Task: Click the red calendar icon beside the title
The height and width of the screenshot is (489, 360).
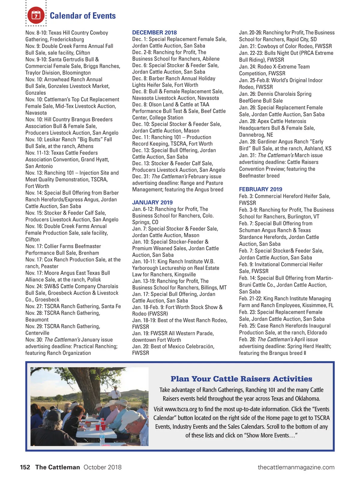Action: click(36, 15)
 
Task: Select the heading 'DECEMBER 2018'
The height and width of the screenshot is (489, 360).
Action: click(154, 32)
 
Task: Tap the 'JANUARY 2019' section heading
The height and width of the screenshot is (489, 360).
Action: click(152, 202)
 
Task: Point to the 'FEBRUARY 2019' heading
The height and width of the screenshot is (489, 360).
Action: click(260, 189)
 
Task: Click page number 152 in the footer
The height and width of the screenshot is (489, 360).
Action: click(25, 467)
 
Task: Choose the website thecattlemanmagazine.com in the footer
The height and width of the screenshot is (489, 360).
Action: click(296, 467)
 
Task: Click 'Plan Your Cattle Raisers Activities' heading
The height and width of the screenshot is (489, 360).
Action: click(241, 379)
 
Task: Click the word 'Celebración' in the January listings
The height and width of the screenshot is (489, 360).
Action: click(200, 346)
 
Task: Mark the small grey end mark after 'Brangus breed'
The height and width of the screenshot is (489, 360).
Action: click(305, 353)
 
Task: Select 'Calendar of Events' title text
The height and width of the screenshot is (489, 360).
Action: click(82, 16)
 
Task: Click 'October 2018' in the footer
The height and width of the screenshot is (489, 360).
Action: click(102, 467)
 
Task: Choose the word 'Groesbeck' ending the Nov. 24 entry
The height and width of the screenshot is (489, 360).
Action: click(47, 300)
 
